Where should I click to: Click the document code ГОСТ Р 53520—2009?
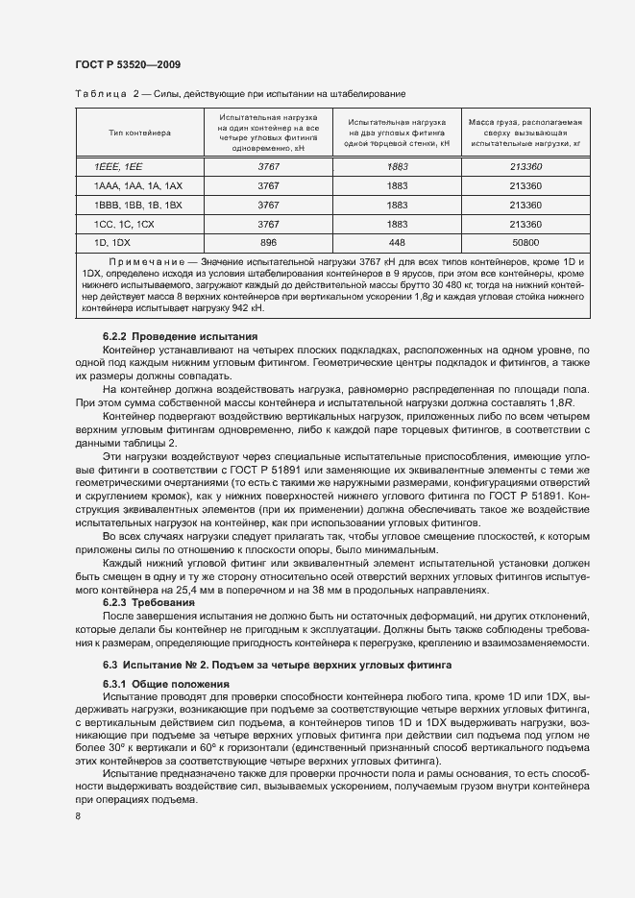point(128,64)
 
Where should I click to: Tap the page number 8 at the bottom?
point(77,816)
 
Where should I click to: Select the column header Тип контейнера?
point(140,133)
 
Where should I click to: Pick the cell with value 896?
point(268,243)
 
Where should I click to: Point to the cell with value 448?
point(397,243)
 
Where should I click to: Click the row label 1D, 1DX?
point(110,243)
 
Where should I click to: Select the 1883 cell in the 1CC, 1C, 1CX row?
point(397,224)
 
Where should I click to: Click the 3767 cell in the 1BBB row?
point(268,206)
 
